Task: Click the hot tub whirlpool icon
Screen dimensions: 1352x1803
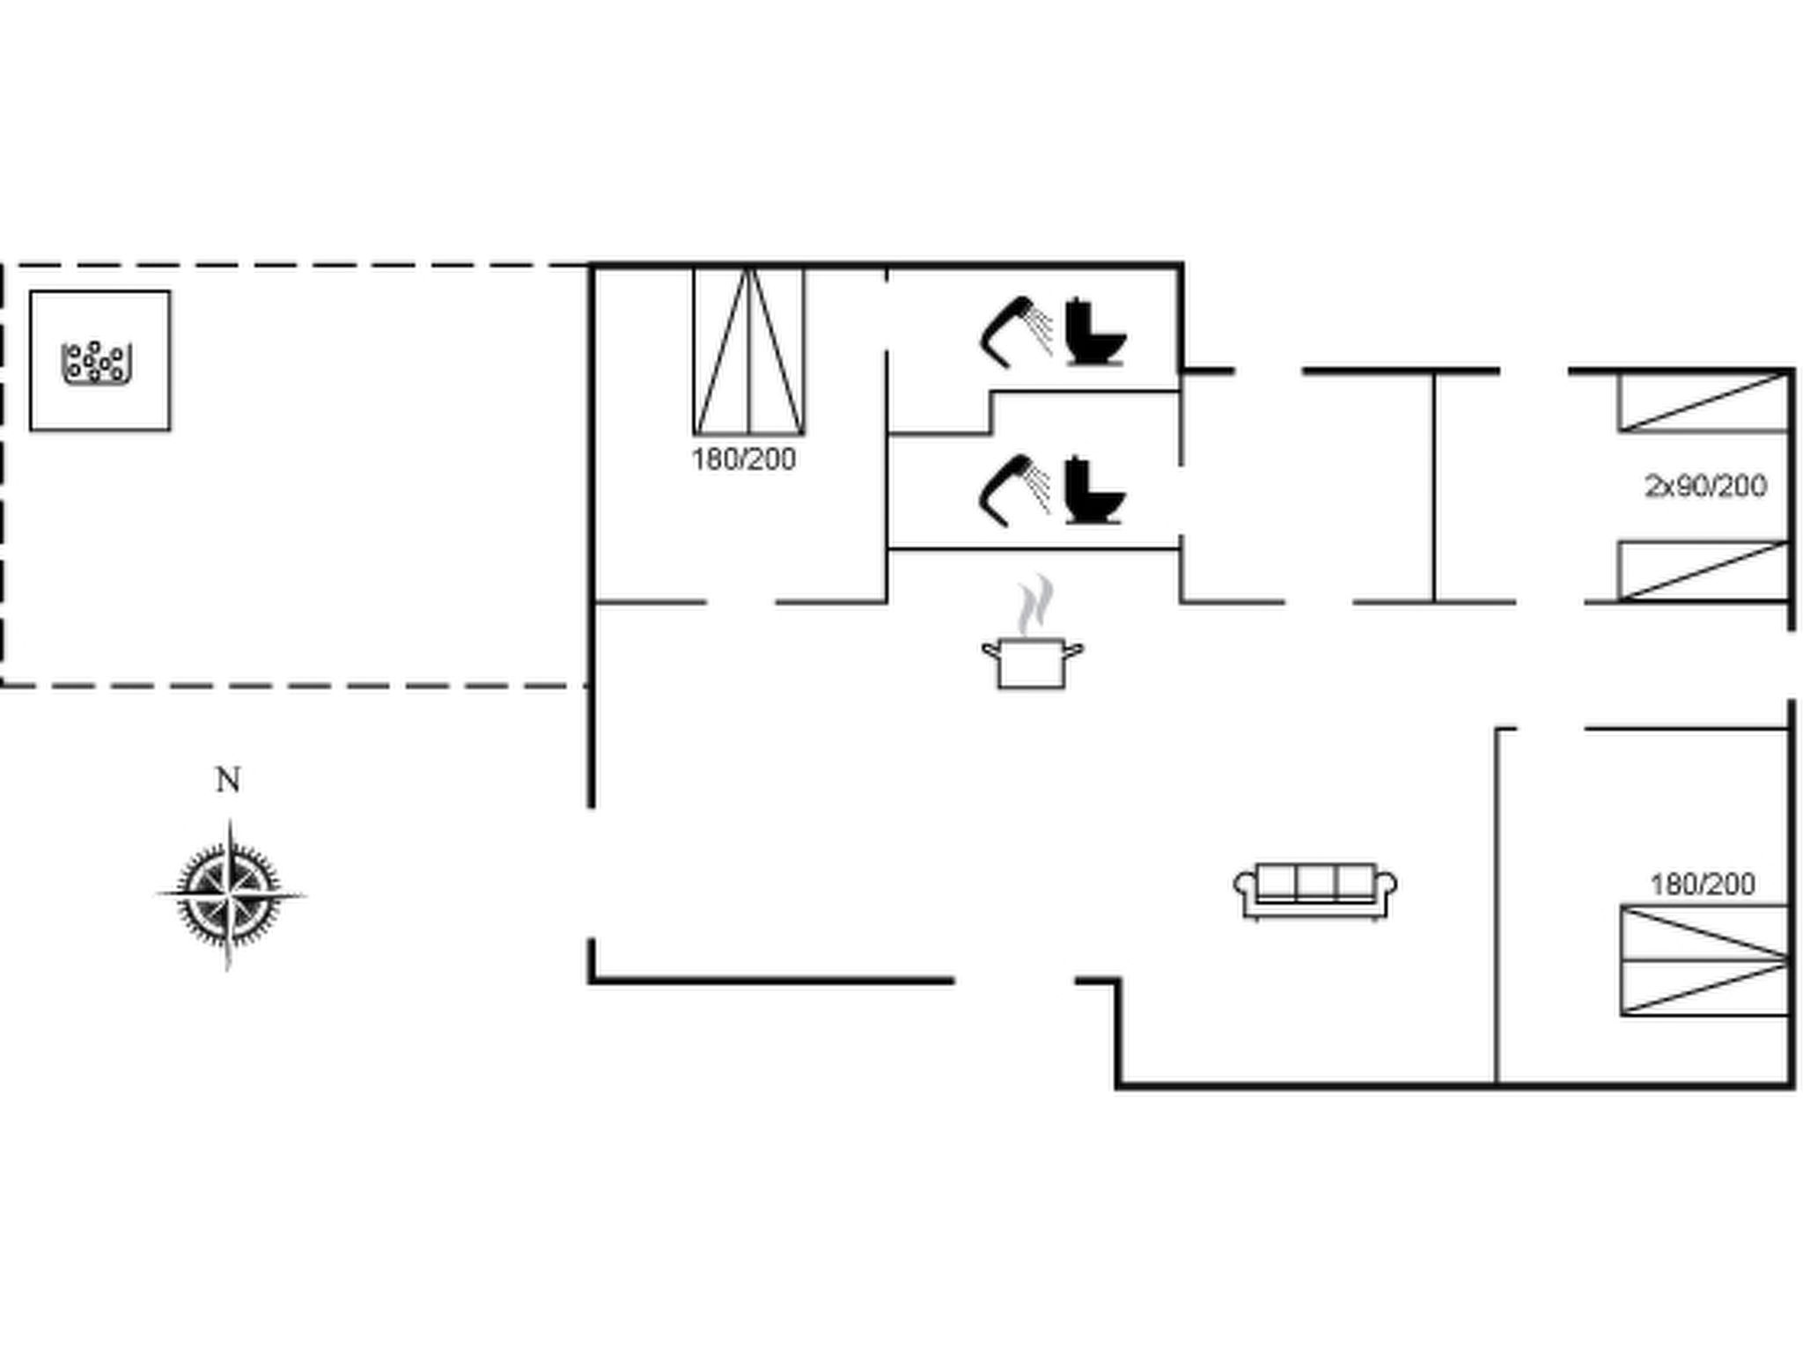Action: (97, 363)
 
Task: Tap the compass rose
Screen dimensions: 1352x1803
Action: (231, 894)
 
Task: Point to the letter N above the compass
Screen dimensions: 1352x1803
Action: (228, 780)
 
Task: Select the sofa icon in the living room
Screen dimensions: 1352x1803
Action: (1315, 891)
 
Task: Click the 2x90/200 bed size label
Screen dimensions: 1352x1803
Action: (1705, 486)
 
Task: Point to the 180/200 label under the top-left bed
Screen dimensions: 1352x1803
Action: (744, 459)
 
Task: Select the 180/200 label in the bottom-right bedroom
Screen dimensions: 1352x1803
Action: (1703, 884)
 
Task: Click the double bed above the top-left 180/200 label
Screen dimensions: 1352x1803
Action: (748, 352)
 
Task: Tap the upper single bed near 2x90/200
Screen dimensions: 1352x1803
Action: (1704, 402)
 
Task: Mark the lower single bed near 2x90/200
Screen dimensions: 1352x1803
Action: (1704, 570)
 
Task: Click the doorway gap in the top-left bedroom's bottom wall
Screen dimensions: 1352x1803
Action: (740, 603)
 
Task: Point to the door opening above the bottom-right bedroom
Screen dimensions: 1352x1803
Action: (1550, 729)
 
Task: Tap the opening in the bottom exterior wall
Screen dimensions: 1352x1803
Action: (1015, 980)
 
